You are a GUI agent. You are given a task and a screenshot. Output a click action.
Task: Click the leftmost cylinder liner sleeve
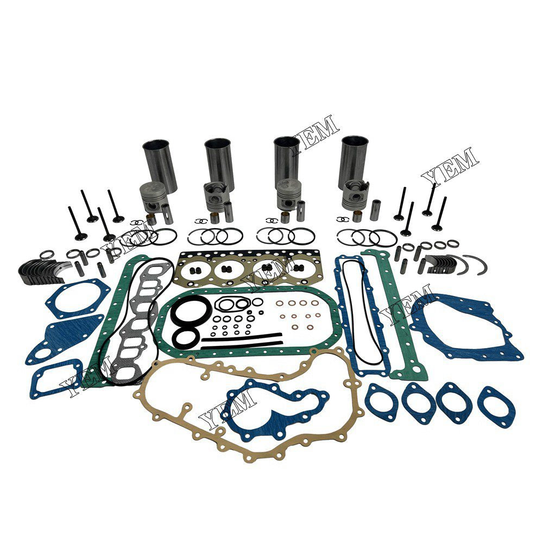(x=160, y=163)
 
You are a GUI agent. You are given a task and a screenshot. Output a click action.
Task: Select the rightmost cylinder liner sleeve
(x=353, y=159)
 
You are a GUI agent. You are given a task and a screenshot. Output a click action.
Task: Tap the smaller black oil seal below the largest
(x=187, y=338)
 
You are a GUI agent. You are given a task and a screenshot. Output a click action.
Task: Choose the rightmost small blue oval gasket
(x=496, y=407)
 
